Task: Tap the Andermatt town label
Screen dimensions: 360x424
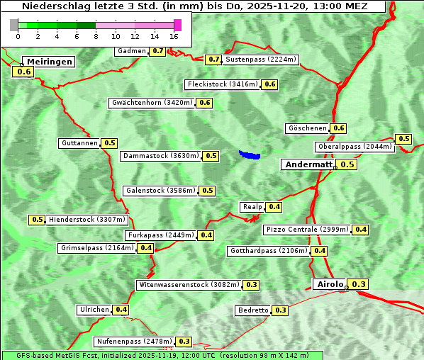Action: (x=308, y=164)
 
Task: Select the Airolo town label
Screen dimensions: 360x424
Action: (x=330, y=284)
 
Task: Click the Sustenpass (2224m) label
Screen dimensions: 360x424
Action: (x=261, y=60)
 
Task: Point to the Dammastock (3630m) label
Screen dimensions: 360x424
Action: (x=161, y=156)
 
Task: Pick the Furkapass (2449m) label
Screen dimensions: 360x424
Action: (x=160, y=235)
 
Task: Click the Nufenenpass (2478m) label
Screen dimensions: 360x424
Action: (x=134, y=342)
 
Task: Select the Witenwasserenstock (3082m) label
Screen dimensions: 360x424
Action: (x=189, y=285)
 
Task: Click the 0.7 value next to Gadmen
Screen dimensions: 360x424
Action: (x=157, y=51)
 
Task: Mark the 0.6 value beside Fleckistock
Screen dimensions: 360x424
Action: (x=269, y=84)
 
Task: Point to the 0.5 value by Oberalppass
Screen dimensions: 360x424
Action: (x=403, y=139)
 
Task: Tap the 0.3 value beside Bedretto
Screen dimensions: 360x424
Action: (x=280, y=310)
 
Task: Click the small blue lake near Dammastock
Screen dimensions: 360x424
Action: (x=250, y=154)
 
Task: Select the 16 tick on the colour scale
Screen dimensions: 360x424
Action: (x=174, y=36)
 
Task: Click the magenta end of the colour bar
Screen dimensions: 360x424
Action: (x=177, y=25)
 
